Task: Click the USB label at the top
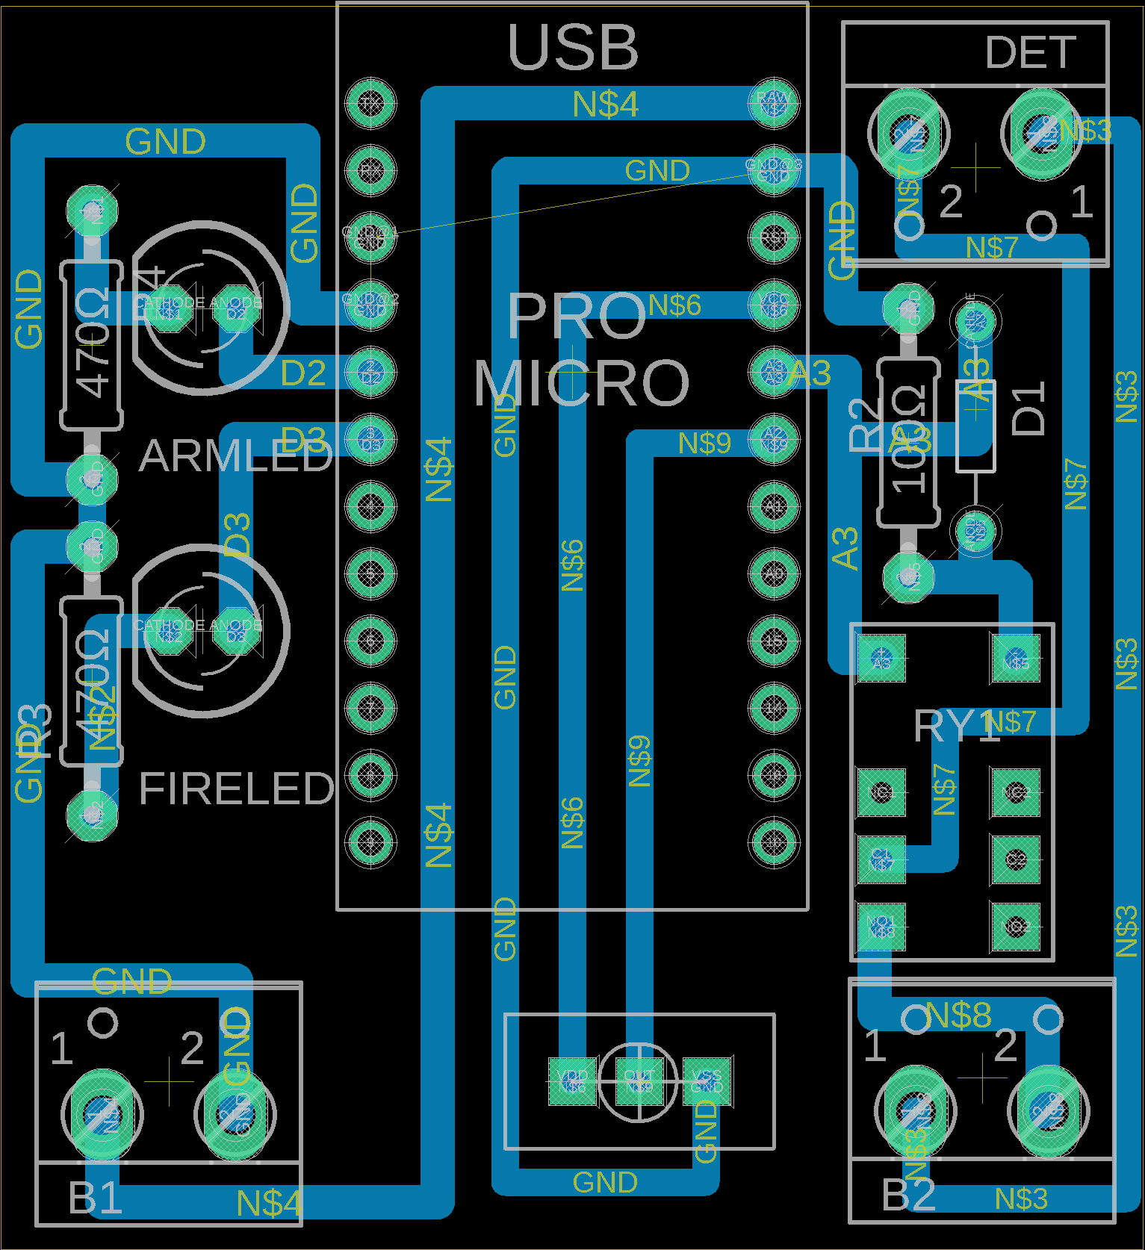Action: (x=573, y=48)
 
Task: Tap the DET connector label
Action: (x=1030, y=53)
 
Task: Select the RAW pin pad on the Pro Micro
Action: (x=773, y=102)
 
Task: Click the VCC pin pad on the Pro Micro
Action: (x=773, y=304)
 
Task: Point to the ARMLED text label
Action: (x=235, y=455)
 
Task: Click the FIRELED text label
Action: (x=236, y=789)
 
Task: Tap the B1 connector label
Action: (x=95, y=1197)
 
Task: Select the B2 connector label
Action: (x=908, y=1195)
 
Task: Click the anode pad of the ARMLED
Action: (x=236, y=308)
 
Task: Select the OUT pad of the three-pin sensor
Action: (x=639, y=1080)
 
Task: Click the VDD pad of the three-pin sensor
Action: (x=572, y=1080)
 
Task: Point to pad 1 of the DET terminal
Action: (x=1042, y=133)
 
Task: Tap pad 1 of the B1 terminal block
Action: (x=102, y=1114)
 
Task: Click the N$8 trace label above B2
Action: (x=958, y=1016)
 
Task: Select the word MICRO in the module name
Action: (x=581, y=382)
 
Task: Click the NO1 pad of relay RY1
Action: (x=881, y=927)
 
